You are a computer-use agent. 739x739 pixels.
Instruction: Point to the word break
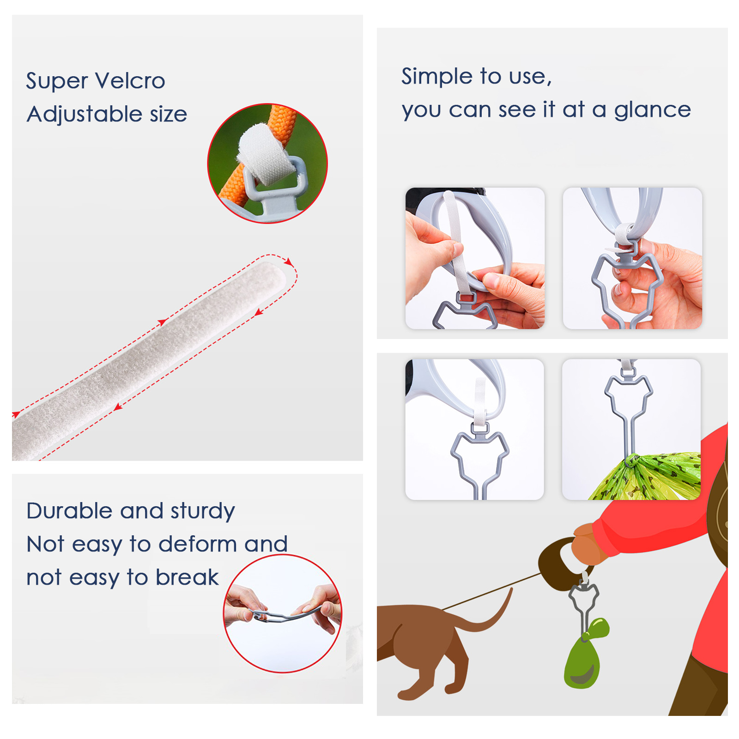point(187,577)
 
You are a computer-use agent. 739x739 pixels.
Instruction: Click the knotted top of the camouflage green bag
point(631,460)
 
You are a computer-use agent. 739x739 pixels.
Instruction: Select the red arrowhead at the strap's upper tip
point(289,262)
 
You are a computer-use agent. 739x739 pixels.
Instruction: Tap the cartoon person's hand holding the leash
point(587,545)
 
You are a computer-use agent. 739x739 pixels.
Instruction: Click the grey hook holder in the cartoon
point(583,605)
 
